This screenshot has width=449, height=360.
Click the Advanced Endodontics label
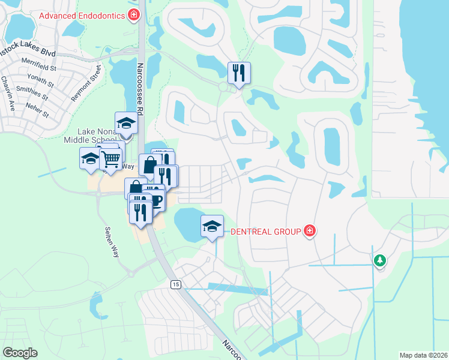click(x=83, y=16)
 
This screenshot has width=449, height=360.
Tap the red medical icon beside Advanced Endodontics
click(x=135, y=16)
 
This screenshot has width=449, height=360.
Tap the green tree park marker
click(x=379, y=260)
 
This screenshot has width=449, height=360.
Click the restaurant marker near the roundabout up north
click(x=239, y=73)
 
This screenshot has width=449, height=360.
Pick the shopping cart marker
click(x=110, y=160)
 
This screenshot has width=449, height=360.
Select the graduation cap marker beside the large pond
click(x=212, y=226)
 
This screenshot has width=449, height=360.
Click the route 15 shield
click(x=175, y=284)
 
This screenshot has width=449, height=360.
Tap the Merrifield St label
click(x=38, y=62)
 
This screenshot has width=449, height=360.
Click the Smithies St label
click(x=34, y=91)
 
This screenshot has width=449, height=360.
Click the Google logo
click(x=20, y=352)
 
